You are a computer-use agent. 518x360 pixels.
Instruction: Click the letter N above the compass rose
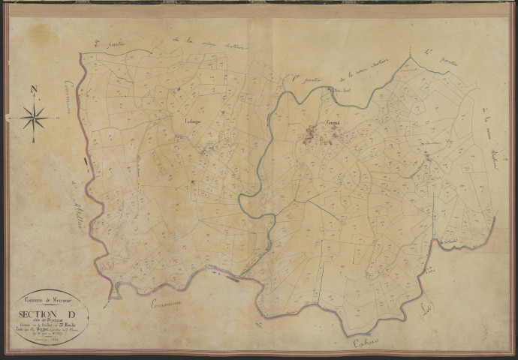click(x=33, y=91)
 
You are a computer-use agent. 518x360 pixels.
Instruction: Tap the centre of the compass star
click(x=34, y=118)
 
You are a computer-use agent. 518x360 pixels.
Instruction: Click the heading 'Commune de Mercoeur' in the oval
click(x=50, y=298)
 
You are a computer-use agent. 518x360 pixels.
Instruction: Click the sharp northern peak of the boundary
click(x=411, y=56)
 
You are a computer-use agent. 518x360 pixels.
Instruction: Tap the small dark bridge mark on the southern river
click(x=233, y=277)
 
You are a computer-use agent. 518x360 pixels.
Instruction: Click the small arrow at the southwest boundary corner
click(x=113, y=297)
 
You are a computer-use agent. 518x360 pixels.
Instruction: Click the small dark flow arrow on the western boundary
click(x=86, y=162)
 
